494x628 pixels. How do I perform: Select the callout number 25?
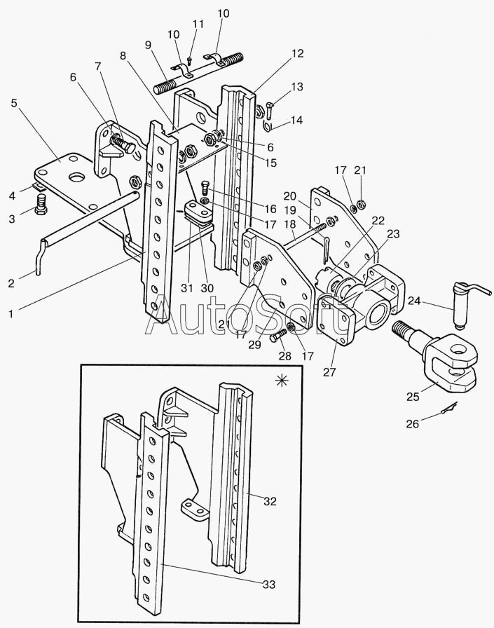click(413, 397)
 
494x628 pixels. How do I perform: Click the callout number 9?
click(148, 45)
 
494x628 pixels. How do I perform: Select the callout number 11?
click(198, 24)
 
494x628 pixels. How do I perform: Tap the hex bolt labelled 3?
click(41, 206)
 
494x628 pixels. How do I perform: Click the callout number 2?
click(11, 283)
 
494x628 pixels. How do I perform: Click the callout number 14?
click(296, 121)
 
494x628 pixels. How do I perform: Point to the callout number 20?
click(290, 198)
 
